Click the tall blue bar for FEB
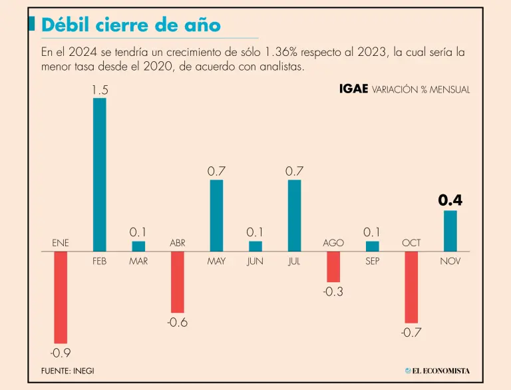coord(99,174)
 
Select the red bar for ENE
coord(61,297)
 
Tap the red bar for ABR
coord(177,282)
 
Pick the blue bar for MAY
coord(216,216)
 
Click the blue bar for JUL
coord(294,216)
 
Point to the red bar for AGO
coord(333,267)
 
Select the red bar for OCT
coord(411,288)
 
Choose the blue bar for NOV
coord(450,231)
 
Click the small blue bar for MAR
coord(138,246)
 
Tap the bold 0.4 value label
coord(450,200)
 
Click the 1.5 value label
coord(99,89)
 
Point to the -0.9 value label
coord(61,353)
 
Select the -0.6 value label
coord(177,323)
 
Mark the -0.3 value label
coord(333,292)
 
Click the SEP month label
coord(372,262)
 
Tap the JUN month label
coord(255,262)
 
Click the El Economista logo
coord(437,371)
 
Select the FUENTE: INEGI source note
coord(67,371)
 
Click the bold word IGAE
coord(353,89)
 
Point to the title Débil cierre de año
coord(130,25)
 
